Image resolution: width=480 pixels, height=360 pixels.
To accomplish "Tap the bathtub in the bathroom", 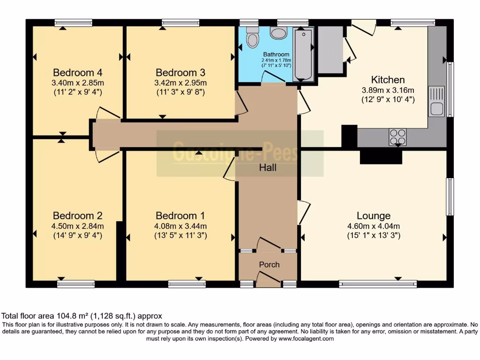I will click(304, 54).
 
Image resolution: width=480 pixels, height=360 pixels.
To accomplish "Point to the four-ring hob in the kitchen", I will click(397, 136).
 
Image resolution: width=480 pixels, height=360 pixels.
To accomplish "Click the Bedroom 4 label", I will click(78, 73).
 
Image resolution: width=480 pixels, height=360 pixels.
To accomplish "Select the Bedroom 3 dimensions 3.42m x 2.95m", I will click(180, 83).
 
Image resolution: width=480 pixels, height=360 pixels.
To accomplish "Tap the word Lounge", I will click(374, 216).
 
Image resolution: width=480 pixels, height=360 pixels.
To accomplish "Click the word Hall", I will click(268, 167).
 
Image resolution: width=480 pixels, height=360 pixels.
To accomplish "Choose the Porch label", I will click(269, 264).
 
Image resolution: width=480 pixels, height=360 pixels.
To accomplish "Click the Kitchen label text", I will click(388, 80).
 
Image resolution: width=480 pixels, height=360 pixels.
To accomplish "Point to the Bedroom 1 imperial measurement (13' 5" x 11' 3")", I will click(180, 235).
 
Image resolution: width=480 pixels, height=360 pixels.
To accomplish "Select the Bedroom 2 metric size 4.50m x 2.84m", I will click(78, 226).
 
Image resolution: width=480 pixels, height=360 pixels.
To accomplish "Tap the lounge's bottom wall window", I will click(378, 284).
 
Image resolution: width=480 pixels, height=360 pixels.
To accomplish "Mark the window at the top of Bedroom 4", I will click(73, 22).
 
